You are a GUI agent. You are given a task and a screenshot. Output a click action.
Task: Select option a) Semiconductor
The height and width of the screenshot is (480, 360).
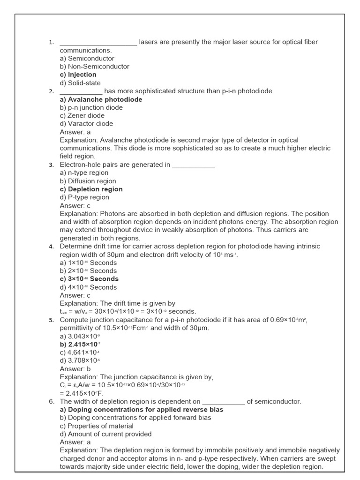[x=87, y=59]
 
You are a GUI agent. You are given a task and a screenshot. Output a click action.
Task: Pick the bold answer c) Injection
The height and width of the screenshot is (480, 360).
[x=78, y=75]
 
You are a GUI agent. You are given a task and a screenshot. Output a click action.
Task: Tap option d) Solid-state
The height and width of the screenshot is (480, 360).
[x=80, y=83]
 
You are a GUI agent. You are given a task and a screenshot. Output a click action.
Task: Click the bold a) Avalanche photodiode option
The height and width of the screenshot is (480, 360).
[x=101, y=99]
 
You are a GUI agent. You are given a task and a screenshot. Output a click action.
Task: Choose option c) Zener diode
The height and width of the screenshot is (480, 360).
[x=82, y=116]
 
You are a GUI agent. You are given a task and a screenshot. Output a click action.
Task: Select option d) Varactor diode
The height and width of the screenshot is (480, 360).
[x=86, y=124]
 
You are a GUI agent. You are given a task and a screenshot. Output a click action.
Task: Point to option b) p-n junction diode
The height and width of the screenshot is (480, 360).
[x=91, y=107]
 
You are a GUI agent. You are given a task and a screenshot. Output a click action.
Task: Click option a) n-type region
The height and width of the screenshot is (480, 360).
[x=84, y=173]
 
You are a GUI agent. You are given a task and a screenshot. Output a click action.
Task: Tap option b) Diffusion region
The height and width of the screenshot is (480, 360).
[x=88, y=181]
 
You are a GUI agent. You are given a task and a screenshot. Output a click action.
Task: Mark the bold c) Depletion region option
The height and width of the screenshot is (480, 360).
[x=91, y=189]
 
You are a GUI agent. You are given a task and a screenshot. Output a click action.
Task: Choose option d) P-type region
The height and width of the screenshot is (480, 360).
[x=84, y=197]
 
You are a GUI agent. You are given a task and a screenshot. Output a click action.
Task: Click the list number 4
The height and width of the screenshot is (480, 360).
[x=51, y=247]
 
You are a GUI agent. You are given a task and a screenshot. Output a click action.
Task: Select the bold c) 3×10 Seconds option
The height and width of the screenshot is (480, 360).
[x=89, y=279]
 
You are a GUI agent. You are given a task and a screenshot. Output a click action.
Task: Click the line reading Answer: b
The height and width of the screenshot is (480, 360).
[x=75, y=369]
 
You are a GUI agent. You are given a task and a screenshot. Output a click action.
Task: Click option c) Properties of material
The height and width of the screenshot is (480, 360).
[x=97, y=426]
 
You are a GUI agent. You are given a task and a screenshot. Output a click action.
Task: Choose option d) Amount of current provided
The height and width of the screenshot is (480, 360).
[x=106, y=434]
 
